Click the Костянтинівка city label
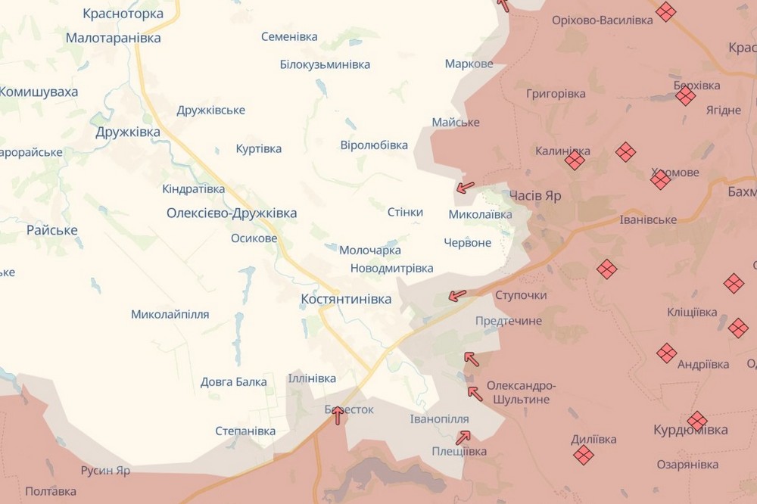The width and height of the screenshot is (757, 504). point(346,299)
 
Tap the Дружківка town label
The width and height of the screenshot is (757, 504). point(128,132)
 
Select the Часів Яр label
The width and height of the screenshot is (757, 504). point(535,195)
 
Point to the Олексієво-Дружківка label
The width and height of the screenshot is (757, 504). point(232,213)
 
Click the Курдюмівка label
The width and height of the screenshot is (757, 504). point(690,430)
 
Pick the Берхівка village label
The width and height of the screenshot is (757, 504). point(696,86)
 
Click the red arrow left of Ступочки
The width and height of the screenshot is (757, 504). point(457,295)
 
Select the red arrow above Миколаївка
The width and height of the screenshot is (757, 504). point(466,186)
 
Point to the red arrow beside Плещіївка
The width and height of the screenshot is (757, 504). point(463,437)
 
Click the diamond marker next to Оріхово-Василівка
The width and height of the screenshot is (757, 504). point(665,11)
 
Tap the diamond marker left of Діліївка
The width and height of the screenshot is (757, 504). point(583,454)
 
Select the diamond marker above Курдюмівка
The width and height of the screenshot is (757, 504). point(697,421)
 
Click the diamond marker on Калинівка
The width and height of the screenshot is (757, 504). point(575,160)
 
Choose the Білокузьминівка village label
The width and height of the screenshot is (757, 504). point(325,64)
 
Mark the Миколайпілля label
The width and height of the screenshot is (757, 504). point(170,314)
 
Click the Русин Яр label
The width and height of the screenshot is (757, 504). point(105,470)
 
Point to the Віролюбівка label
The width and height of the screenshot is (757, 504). point(374,145)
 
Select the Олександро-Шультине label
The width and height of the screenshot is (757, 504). point(518,391)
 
